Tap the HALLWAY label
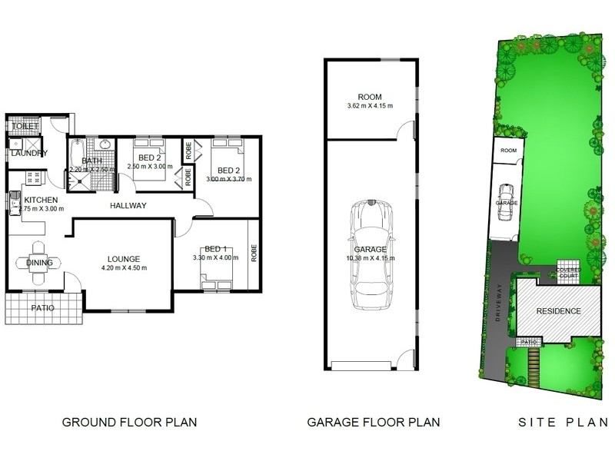pos(128,205)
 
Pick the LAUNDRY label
pos(29,154)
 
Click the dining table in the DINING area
pos(39,263)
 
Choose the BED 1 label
pos(213,250)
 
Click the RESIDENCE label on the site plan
pos(558,311)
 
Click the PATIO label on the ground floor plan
pos(43,309)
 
